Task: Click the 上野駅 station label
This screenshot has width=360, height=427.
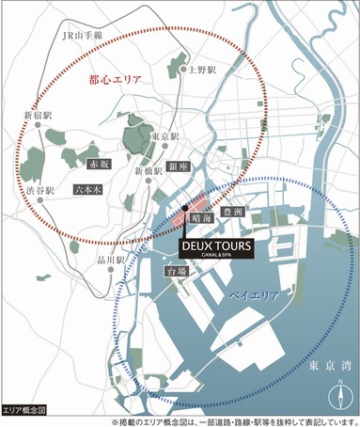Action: (x=202, y=70)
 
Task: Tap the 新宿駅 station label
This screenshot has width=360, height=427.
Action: (x=39, y=117)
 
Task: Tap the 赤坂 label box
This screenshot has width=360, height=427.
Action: (x=100, y=162)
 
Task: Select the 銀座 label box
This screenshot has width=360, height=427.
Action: (x=180, y=166)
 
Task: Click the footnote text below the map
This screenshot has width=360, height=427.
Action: (x=235, y=420)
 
